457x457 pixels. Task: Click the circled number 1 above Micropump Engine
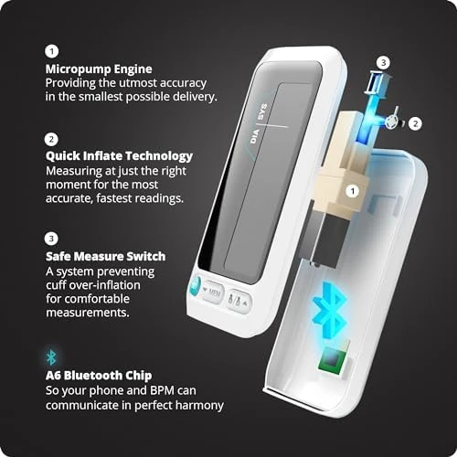tap(51, 52)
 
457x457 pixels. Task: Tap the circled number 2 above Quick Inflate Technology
tap(51, 140)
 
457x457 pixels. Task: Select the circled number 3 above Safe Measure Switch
tap(51, 241)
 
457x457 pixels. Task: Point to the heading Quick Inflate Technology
tap(119, 156)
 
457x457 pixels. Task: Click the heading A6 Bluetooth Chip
tap(102, 374)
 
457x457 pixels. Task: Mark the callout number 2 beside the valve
tap(414, 122)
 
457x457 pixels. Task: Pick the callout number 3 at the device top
tap(384, 62)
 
